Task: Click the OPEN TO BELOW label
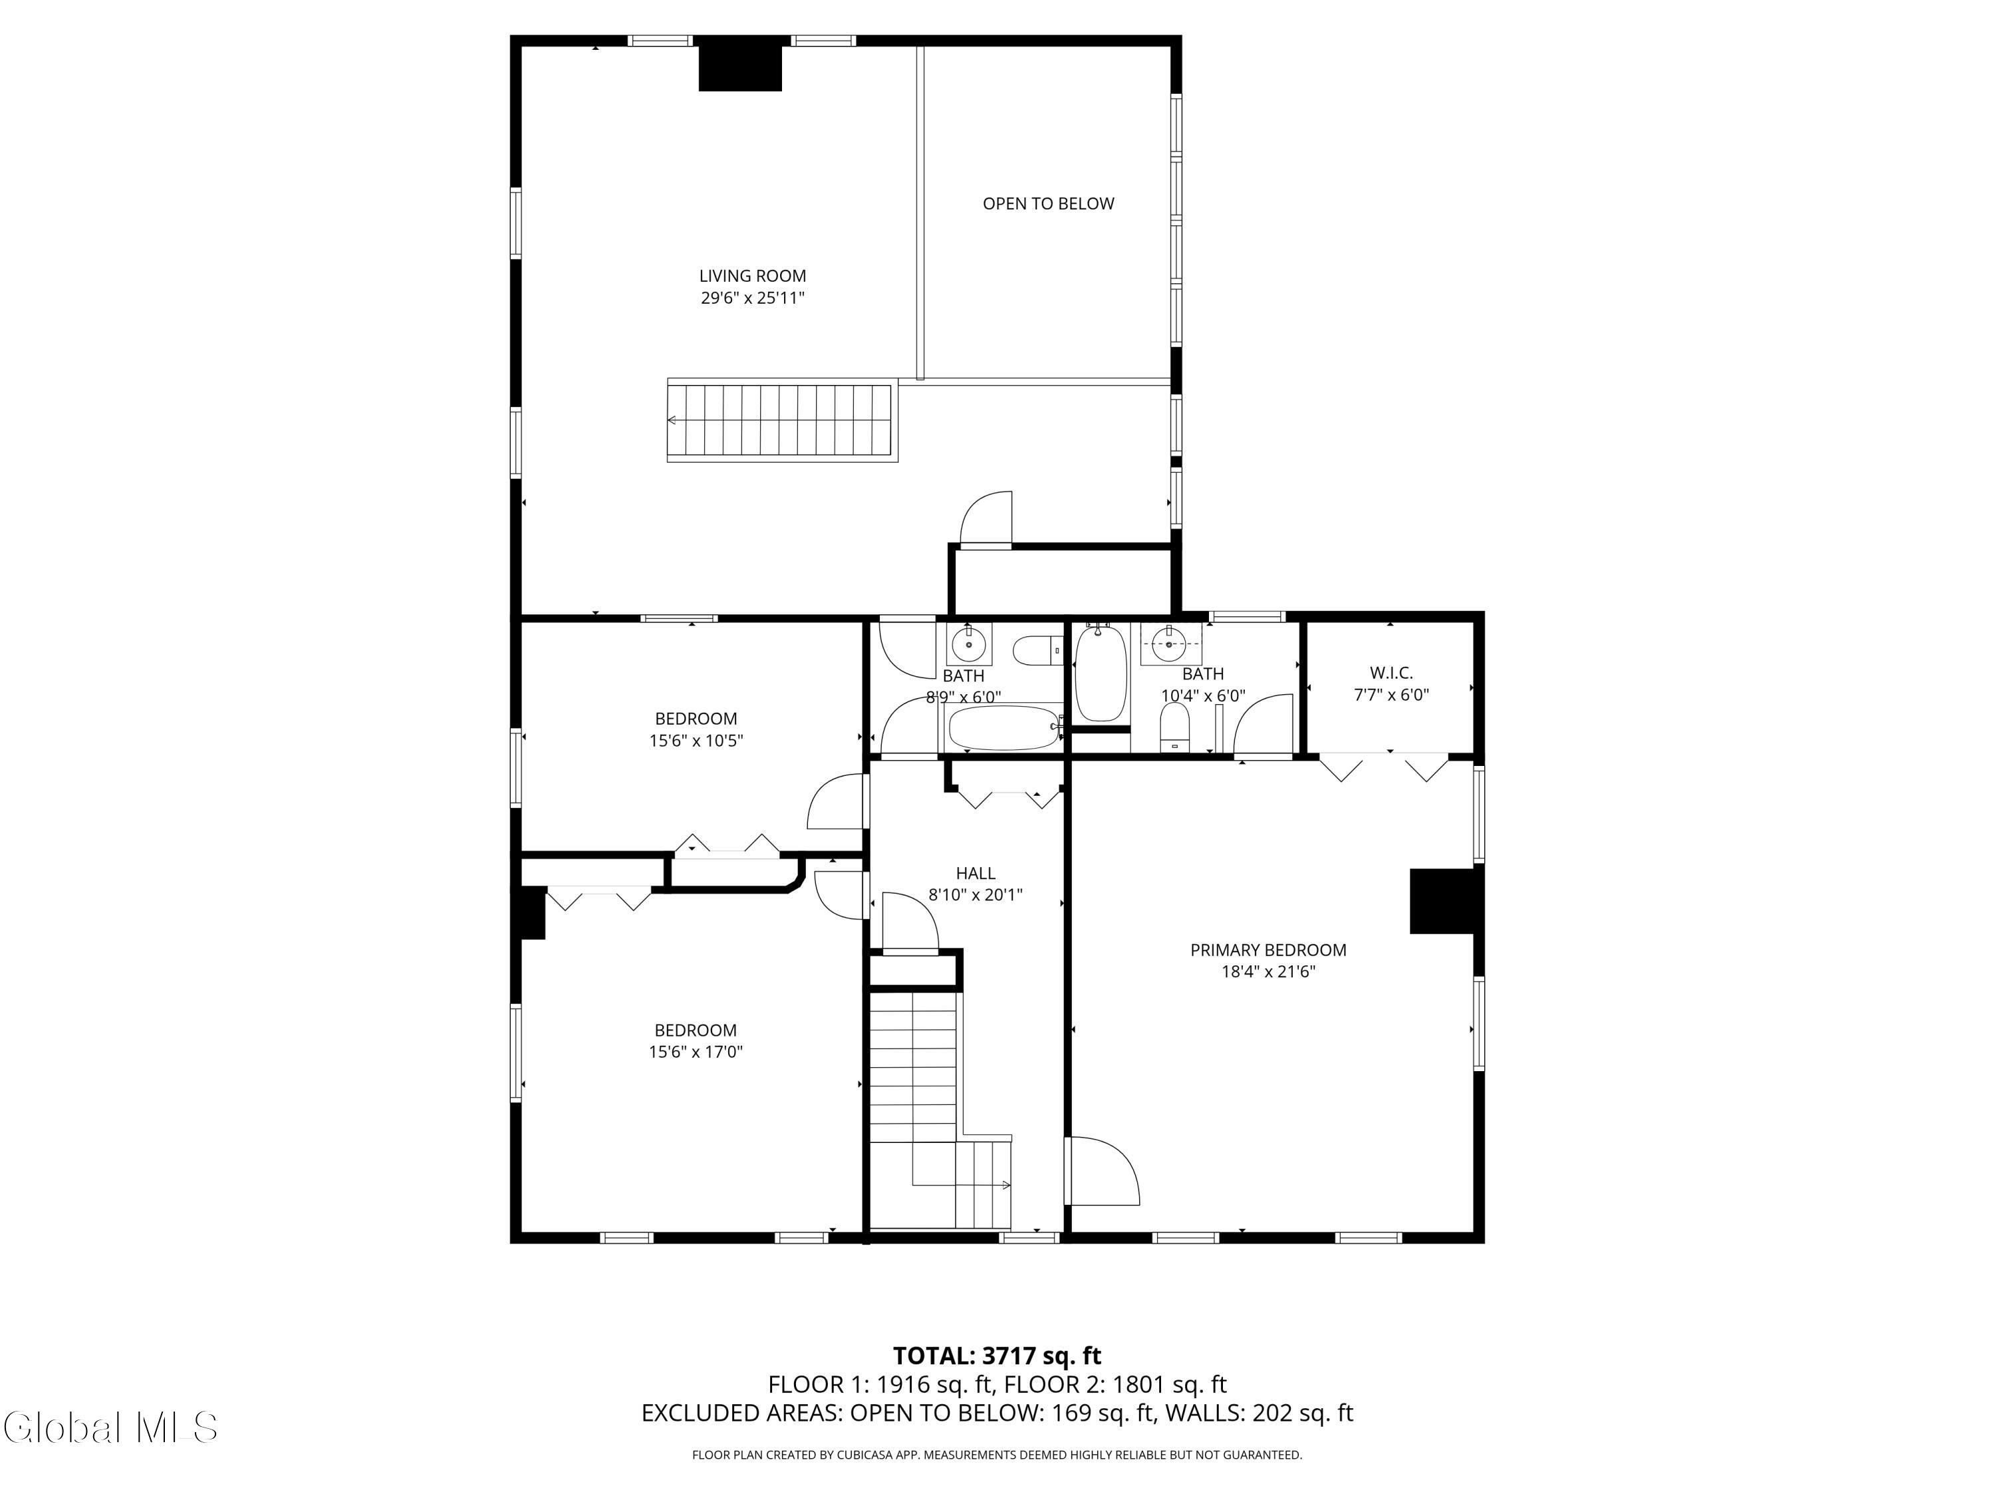pos(1048,204)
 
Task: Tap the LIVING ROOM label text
pos(752,276)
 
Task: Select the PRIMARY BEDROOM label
pos(1268,949)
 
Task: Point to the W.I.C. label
pos(1391,673)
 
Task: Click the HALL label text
pos(975,873)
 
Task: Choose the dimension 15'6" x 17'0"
pos(696,1051)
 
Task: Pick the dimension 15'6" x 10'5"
pos(696,740)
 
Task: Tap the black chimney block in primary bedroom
pos(1442,901)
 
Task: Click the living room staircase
pos(782,421)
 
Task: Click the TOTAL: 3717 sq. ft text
pos(997,1356)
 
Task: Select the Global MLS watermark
pos(110,1428)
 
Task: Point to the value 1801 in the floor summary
pos(1134,1384)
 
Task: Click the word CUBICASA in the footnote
pos(868,1455)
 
